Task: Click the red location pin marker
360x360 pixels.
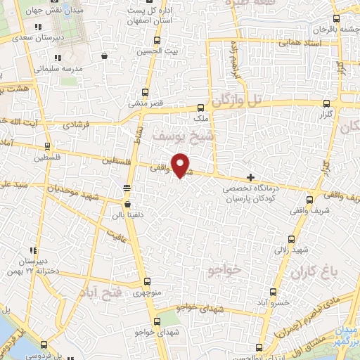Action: tap(181, 165)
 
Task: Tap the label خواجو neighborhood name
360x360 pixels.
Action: tap(225, 269)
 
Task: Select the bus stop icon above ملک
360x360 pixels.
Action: tap(200, 108)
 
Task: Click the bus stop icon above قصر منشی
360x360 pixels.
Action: tap(146, 92)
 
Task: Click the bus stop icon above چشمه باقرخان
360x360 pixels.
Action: tap(337, 20)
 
